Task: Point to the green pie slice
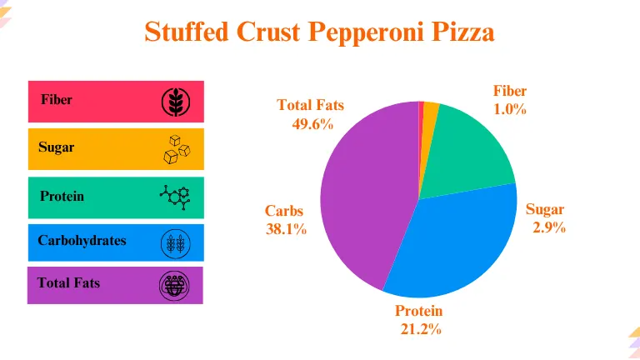click(471, 150)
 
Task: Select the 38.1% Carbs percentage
click(286, 229)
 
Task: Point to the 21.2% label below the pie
click(420, 328)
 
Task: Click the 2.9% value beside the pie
click(549, 227)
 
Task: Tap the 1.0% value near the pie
click(509, 109)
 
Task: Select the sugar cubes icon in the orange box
click(176, 148)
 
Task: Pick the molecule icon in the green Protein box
click(175, 197)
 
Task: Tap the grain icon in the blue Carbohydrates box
click(175, 243)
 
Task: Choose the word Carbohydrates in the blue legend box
click(82, 241)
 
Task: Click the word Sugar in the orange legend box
click(56, 147)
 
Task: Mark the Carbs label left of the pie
click(284, 212)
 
